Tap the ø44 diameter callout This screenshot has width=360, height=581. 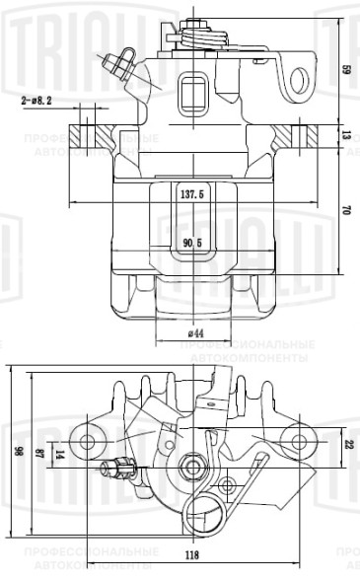[193, 333]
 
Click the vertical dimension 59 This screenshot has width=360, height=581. [346, 69]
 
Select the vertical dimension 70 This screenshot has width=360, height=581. [346, 209]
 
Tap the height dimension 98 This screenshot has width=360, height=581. [17, 450]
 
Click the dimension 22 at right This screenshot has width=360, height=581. [347, 443]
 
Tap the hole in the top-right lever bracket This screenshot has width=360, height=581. [295, 77]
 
